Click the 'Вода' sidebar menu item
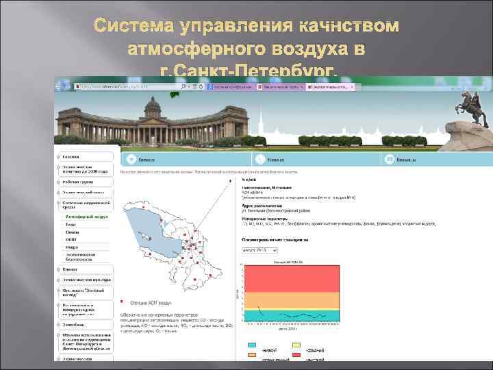point(71,225)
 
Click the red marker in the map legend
point(122,301)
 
